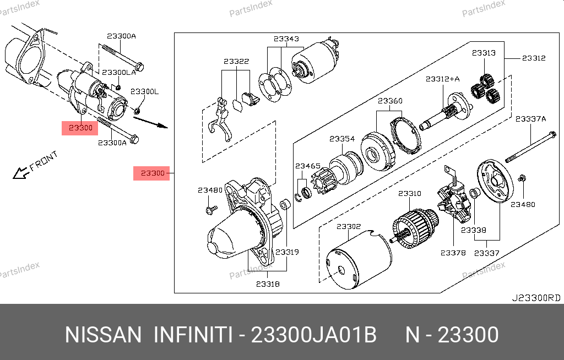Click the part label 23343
[286, 39]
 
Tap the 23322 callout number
[236, 62]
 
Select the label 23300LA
[119, 72]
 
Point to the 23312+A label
[442, 79]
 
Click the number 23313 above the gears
[484, 53]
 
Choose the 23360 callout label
[390, 101]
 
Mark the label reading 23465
[307, 166]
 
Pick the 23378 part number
[453, 253]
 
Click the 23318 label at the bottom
[268, 284]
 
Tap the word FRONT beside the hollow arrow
[44, 161]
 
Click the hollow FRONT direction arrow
[21, 173]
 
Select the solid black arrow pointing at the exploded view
[150, 122]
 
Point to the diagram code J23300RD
[536, 298]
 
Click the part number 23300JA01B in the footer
[313, 335]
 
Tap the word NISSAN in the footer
[103, 335]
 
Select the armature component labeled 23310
[415, 228]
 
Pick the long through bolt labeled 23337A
[531, 148]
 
